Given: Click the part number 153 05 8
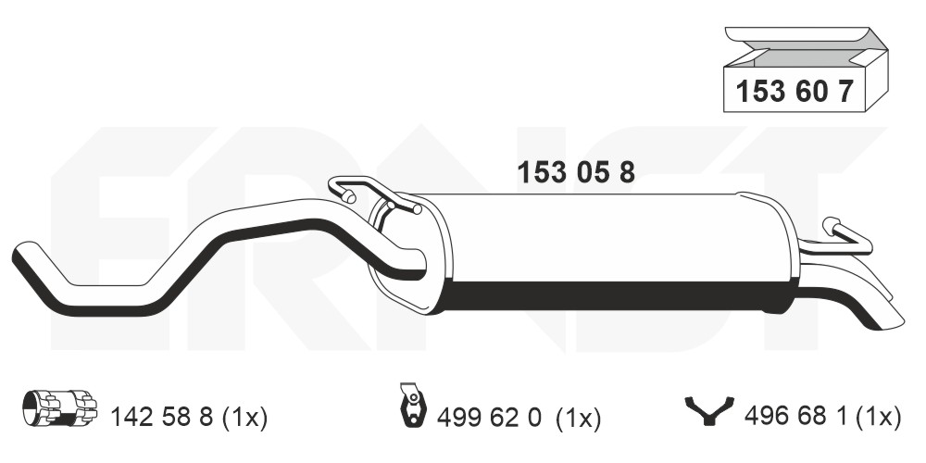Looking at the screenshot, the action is [576, 172].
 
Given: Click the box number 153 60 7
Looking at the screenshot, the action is [795, 92].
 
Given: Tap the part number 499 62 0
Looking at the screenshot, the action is [489, 419].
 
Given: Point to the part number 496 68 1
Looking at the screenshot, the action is [795, 417].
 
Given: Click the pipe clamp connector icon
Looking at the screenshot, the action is [59, 407].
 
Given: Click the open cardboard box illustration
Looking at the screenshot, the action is [807, 69].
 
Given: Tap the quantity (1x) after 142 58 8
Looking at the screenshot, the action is [244, 418].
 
